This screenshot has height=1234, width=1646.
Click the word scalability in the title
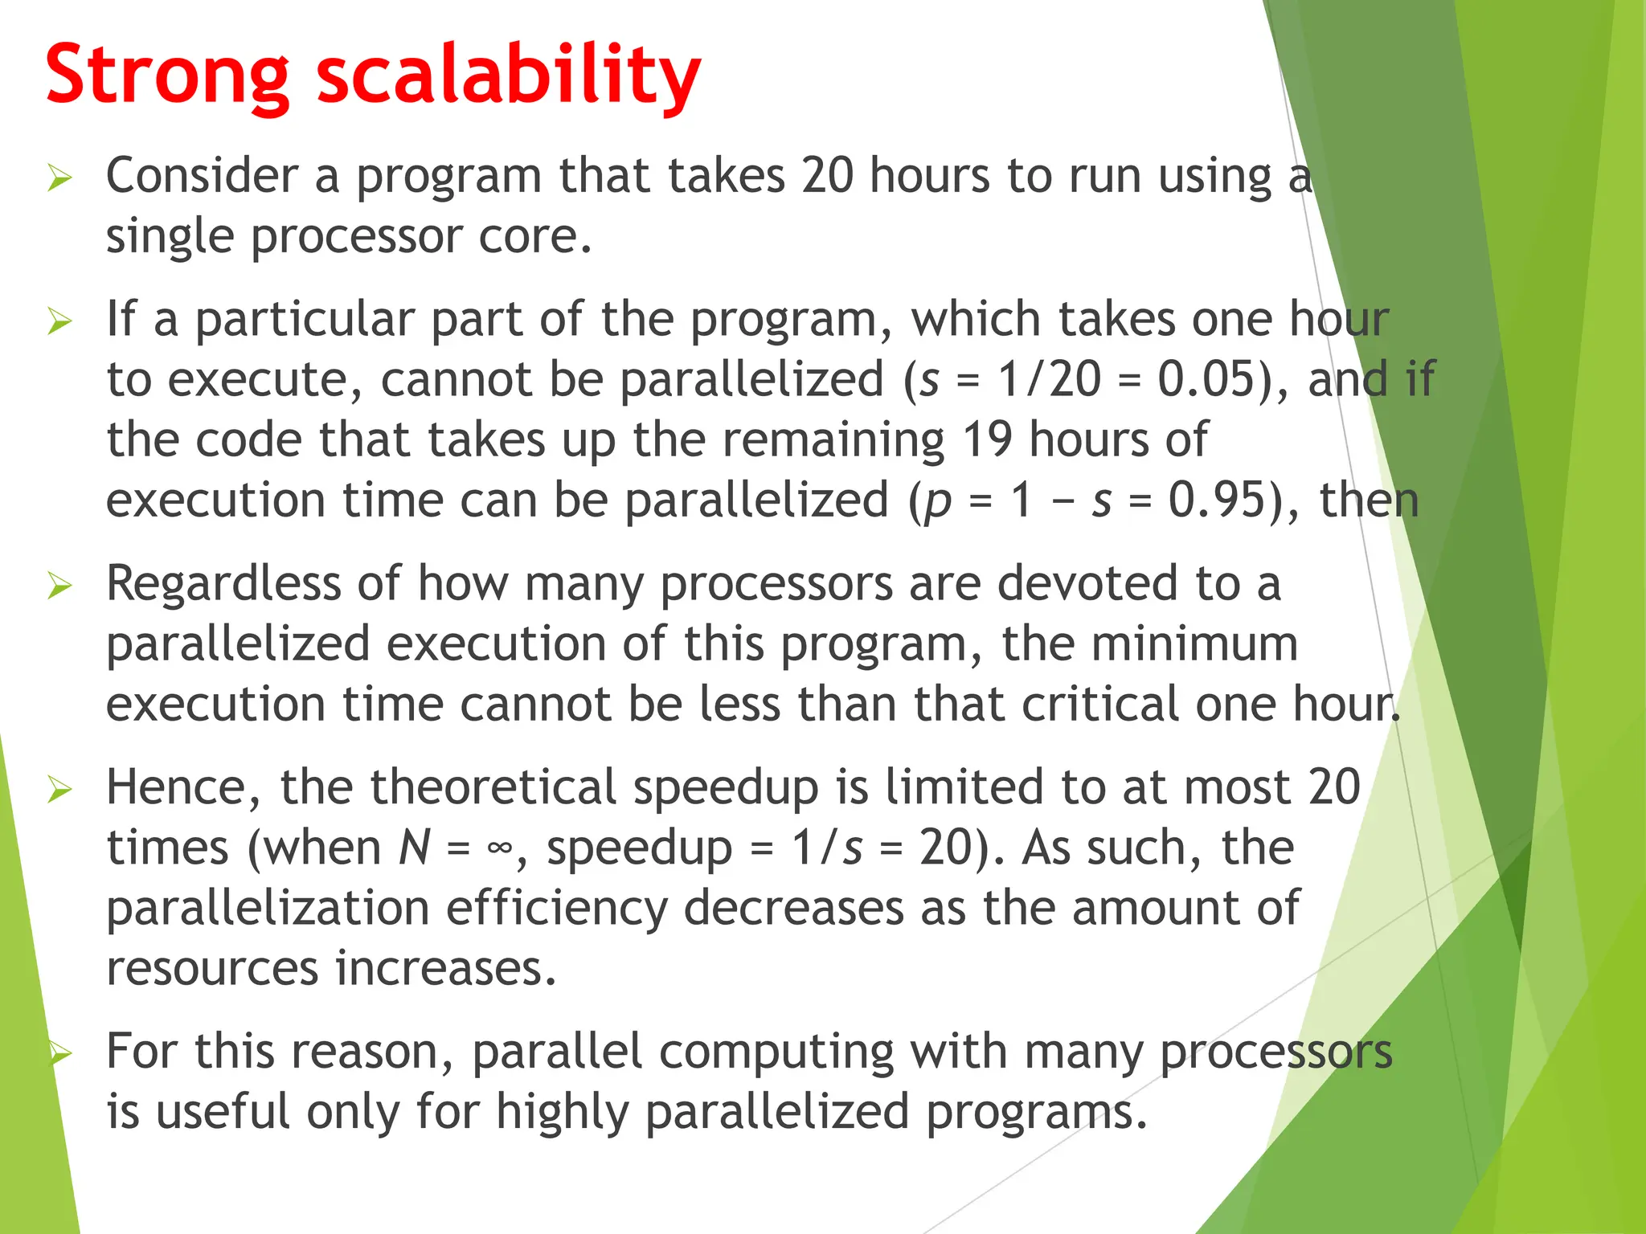[x=509, y=76]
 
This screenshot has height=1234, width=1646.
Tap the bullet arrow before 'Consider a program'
[x=59, y=178]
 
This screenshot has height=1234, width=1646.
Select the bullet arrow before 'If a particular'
[x=59, y=321]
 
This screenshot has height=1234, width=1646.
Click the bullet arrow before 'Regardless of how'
[x=59, y=586]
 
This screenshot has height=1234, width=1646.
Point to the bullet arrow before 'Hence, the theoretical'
[x=59, y=789]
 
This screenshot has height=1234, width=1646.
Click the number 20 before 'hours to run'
[x=828, y=176]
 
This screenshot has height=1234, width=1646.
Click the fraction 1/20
[x=1049, y=379]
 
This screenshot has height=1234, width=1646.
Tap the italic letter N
[x=415, y=848]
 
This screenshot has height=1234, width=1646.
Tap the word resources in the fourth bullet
[x=212, y=969]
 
